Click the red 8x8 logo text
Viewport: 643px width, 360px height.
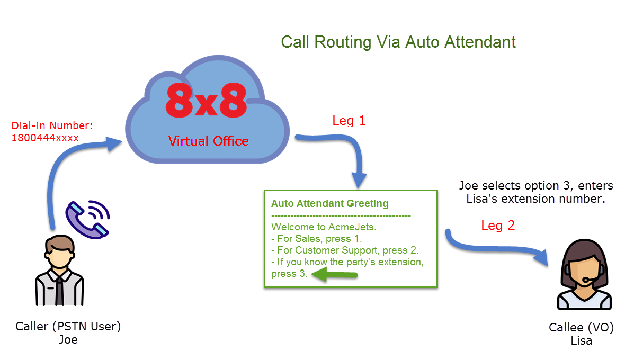point(206,101)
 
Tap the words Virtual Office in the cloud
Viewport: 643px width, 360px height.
point(208,141)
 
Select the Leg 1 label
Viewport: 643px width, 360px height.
point(349,121)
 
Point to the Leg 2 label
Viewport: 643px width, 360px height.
point(498,226)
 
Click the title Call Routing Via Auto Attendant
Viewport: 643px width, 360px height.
point(398,42)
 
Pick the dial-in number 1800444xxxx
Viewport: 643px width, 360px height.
point(45,138)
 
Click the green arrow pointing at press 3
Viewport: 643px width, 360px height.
point(334,275)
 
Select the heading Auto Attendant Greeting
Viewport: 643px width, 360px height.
point(330,203)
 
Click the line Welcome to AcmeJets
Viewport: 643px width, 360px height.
point(324,227)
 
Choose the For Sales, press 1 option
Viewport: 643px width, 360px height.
point(316,239)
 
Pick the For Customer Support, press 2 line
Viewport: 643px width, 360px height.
point(345,250)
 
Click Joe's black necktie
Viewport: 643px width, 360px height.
point(60,291)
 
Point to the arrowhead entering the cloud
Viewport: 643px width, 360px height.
point(113,143)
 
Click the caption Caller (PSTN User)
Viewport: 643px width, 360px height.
point(68,327)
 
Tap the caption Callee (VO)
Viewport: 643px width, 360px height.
point(581,327)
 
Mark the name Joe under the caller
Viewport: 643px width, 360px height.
point(68,340)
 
